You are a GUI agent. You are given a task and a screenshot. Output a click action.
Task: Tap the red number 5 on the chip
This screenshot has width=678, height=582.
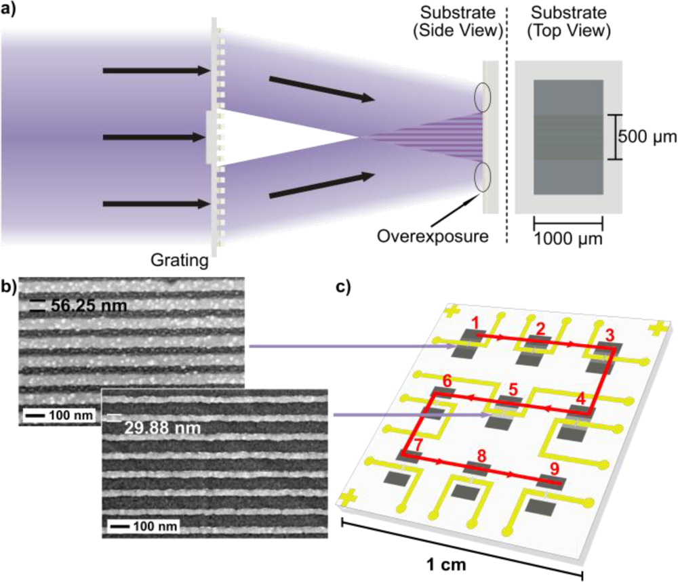pos(513,390)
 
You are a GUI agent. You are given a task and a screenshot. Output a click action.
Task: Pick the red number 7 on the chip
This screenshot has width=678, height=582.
pos(418,444)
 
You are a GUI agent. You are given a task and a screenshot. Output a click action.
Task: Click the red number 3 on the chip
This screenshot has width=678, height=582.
pos(610,334)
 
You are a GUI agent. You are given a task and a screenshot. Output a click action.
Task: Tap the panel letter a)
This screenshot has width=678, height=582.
pos(9,9)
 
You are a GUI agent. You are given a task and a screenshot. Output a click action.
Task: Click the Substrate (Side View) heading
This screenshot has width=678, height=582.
pos(461,22)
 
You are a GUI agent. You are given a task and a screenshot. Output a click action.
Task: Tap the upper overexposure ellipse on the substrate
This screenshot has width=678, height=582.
pos(483,97)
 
